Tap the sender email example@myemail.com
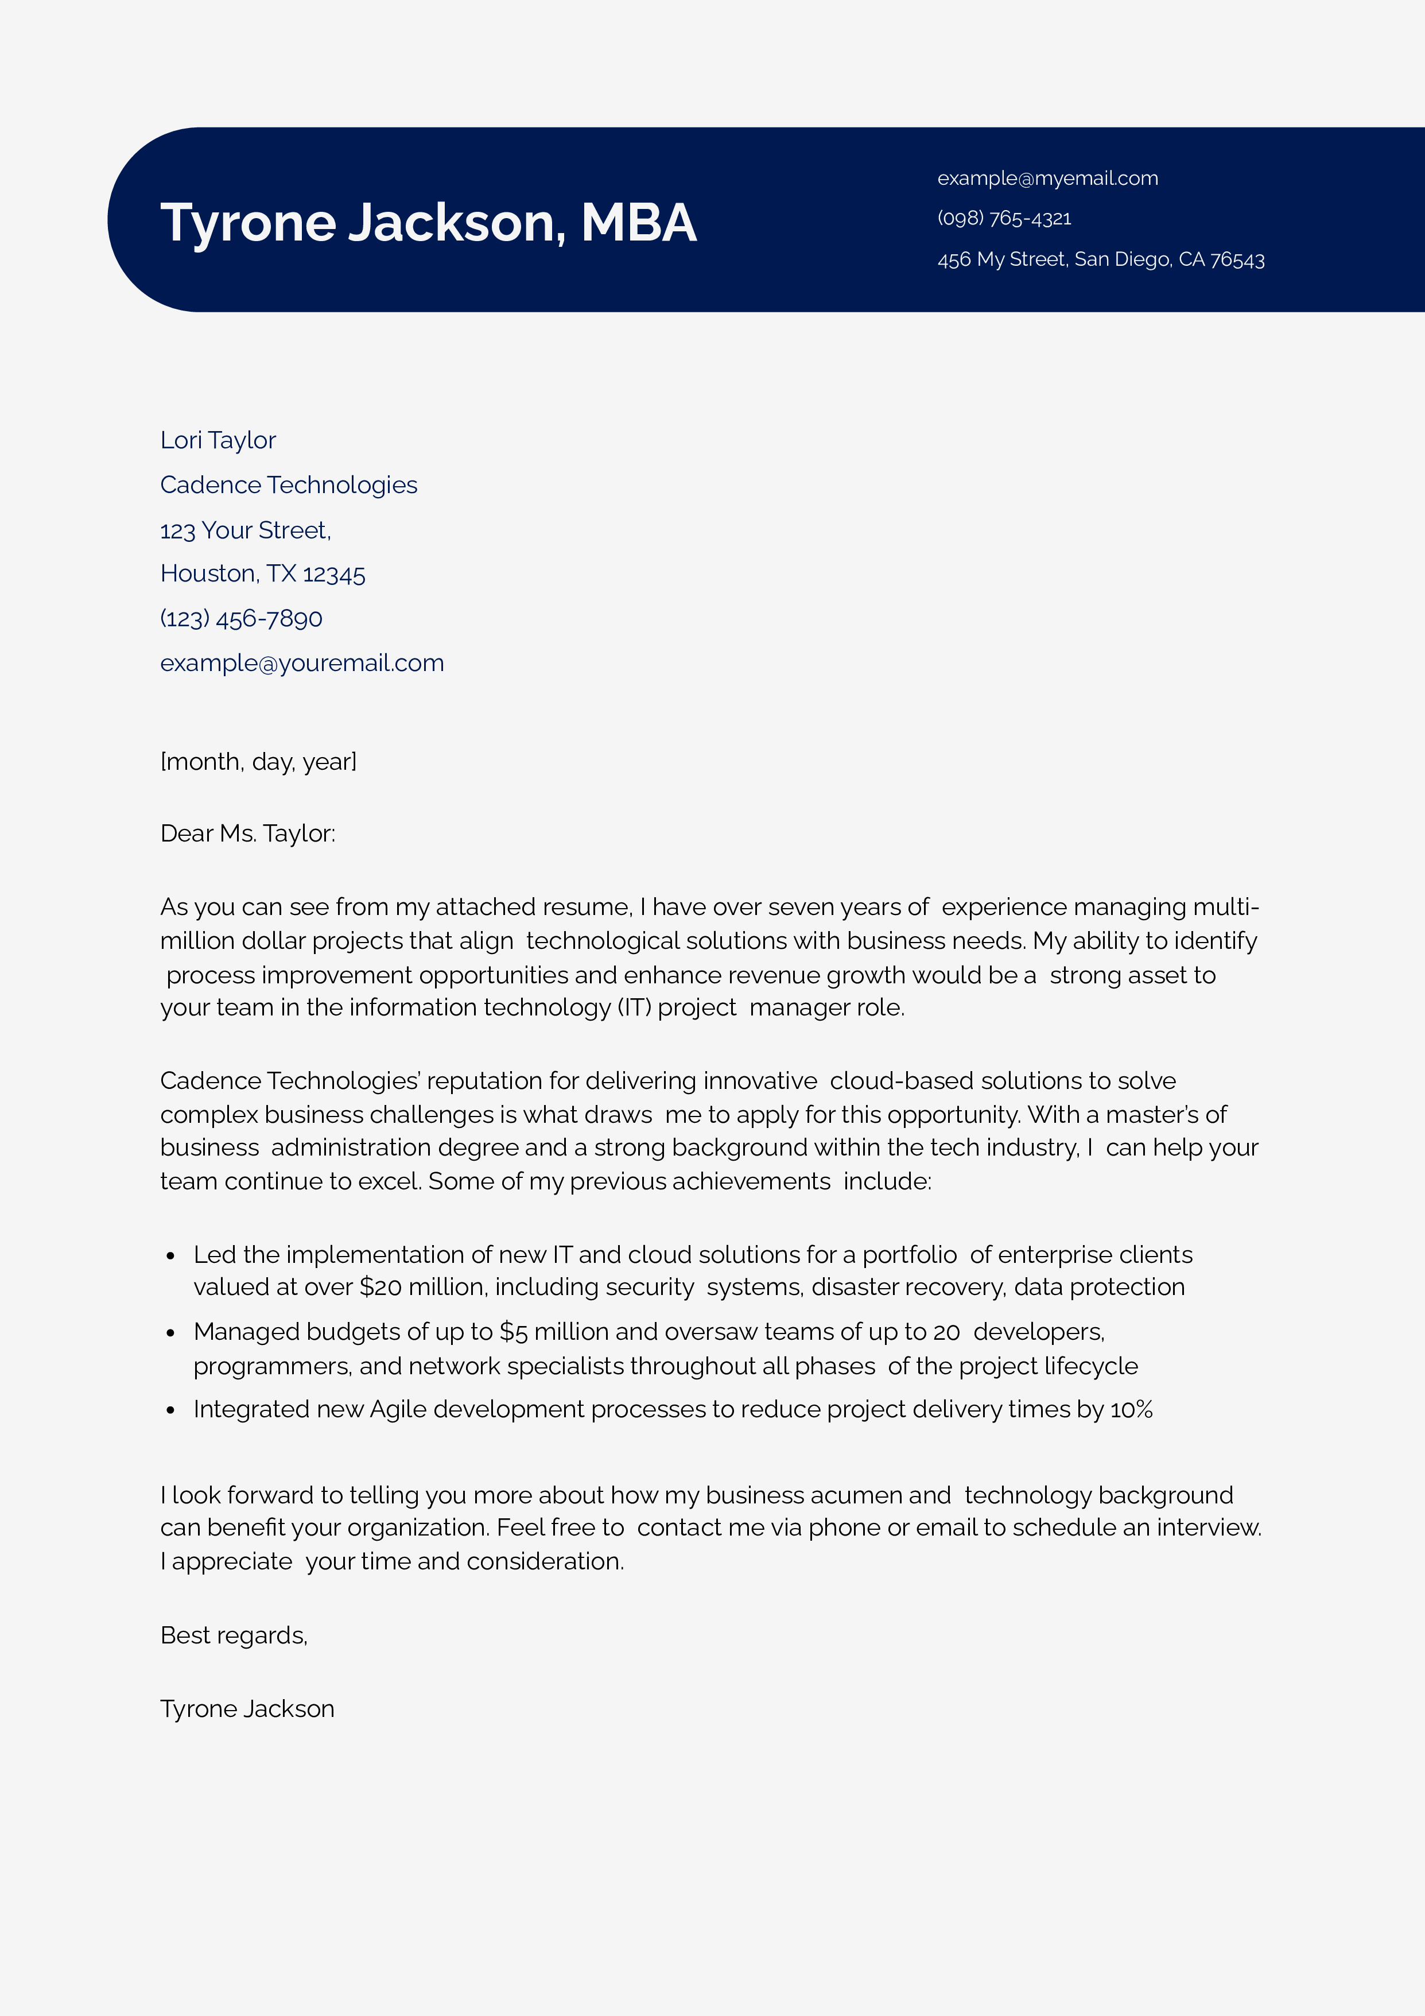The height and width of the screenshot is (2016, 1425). click(x=1047, y=179)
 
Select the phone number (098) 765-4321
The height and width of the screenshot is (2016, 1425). click(x=1004, y=219)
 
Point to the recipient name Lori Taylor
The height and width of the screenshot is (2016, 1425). click(x=218, y=440)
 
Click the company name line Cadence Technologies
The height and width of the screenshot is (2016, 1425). click(x=288, y=484)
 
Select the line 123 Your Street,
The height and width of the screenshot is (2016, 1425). click(x=245, y=530)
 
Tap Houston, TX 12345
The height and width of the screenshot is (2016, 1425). click(x=262, y=573)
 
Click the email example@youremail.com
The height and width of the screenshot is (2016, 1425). click(x=301, y=663)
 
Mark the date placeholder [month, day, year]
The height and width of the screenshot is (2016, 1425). click(x=258, y=761)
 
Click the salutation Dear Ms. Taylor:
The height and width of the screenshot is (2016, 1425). click(x=247, y=833)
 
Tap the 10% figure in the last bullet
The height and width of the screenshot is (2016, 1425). click(x=1131, y=1409)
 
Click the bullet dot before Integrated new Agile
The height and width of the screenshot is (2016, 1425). click(x=170, y=1411)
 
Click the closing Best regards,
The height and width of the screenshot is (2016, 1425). click(x=234, y=1635)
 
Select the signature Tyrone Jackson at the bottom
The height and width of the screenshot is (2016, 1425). click(x=247, y=1709)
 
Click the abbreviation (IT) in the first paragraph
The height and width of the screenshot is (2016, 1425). click(x=634, y=1007)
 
